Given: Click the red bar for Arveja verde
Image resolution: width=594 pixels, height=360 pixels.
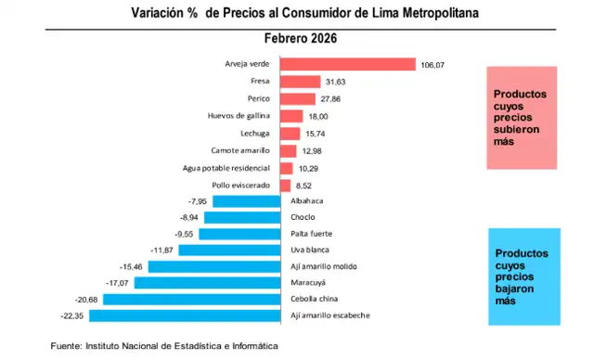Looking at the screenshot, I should pos(347,65).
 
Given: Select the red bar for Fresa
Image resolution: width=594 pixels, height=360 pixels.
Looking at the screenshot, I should pos(300,82).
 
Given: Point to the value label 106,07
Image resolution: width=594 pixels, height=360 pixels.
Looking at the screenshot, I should pos(433,65).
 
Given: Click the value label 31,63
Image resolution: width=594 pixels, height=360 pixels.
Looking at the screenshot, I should pos(335,82).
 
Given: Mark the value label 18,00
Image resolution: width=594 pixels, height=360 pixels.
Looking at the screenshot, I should pos(318,116).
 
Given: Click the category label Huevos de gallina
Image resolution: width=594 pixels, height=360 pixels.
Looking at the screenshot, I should pos(239,116).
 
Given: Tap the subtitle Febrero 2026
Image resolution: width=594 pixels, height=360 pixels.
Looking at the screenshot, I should pos(300,39).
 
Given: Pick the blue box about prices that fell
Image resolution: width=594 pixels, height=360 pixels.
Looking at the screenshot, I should pos(523,276).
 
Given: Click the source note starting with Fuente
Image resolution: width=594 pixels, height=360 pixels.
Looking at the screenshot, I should pos(164,345).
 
